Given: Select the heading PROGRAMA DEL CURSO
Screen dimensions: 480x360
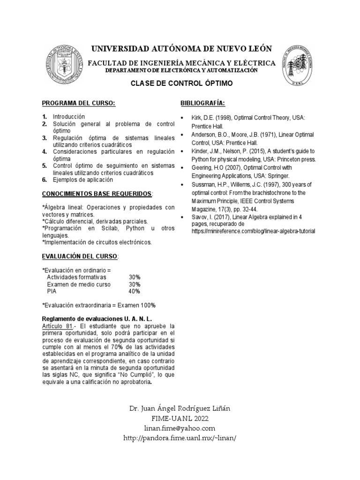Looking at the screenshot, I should (x=79, y=103).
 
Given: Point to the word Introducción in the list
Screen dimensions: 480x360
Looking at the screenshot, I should (x=69, y=116).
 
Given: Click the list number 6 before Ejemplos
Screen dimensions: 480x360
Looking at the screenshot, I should (x=44, y=180).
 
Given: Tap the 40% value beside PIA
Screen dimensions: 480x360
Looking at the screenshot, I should (x=135, y=291).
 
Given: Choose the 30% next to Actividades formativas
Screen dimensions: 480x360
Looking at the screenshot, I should (x=135, y=277).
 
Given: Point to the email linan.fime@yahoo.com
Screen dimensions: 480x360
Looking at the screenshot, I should (x=180, y=428).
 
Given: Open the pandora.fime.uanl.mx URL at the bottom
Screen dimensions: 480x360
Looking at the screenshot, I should (x=180, y=438).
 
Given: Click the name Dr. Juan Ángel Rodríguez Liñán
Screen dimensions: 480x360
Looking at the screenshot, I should (x=180, y=409).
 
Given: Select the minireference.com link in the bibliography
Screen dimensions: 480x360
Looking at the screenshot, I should (x=253, y=231).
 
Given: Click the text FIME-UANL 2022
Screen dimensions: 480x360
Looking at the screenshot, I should (x=180, y=419).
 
